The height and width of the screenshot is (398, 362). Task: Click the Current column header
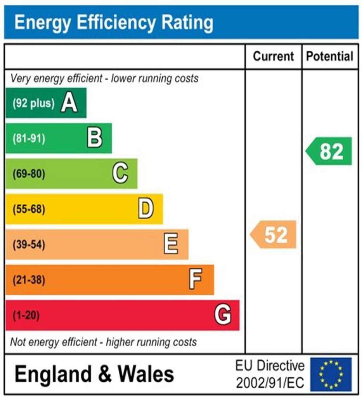[x=273, y=56]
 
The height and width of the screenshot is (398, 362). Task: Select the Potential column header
[x=330, y=56]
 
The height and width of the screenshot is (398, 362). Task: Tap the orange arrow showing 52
[x=274, y=234]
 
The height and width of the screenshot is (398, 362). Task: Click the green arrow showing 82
[x=329, y=151]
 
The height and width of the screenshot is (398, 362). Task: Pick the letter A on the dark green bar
[x=69, y=103]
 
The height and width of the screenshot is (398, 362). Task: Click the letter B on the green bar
[x=95, y=138]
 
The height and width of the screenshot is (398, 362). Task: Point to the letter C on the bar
[x=120, y=174]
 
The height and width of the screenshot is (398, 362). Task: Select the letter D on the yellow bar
[x=146, y=209]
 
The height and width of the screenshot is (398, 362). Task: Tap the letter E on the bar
[x=171, y=244]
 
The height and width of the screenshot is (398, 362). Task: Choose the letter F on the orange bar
[x=196, y=279]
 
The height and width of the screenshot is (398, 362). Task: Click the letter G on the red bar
[x=223, y=315]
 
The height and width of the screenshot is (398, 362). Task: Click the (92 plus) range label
[x=33, y=104]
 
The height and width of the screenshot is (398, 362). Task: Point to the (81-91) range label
[x=29, y=139]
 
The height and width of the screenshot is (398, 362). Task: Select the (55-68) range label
[x=29, y=209]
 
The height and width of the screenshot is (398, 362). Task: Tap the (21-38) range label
[x=29, y=280]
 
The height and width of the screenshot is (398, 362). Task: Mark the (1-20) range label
[x=26, y=315]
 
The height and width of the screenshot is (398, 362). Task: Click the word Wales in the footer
[x=146, y=374]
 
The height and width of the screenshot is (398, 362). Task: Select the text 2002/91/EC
[x=270, y=383]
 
